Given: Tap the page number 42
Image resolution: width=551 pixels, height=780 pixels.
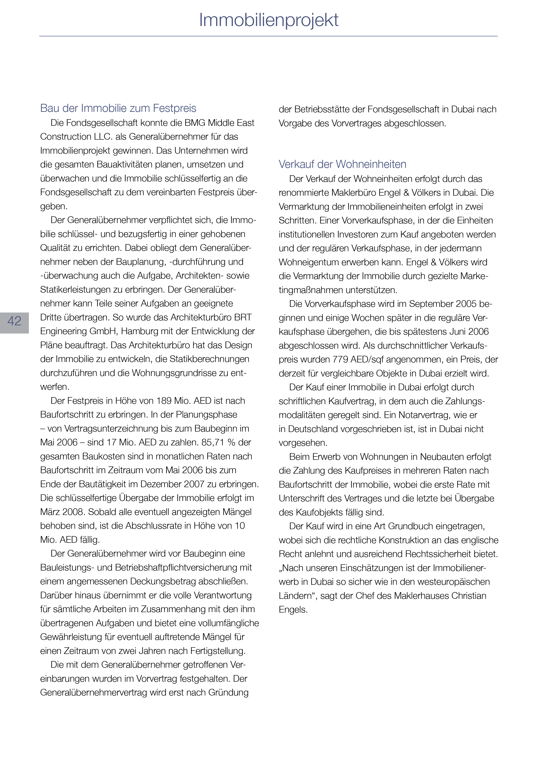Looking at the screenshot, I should pos(14,321).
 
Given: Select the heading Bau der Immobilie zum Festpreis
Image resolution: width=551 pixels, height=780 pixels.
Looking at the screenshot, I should pos(118,108).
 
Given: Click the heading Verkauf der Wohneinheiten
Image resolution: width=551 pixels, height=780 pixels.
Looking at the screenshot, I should pos(342,164).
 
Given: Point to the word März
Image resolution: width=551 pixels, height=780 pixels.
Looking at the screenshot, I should pos(51,512).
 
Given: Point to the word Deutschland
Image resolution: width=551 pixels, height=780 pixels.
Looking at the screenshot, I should pos(311,429).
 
